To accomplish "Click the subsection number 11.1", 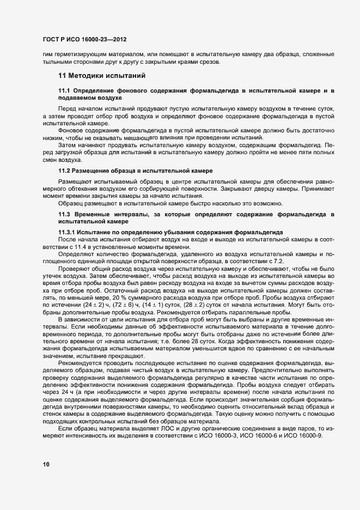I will [x=64, y=89].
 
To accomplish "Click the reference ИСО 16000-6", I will [x=274, y=418].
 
